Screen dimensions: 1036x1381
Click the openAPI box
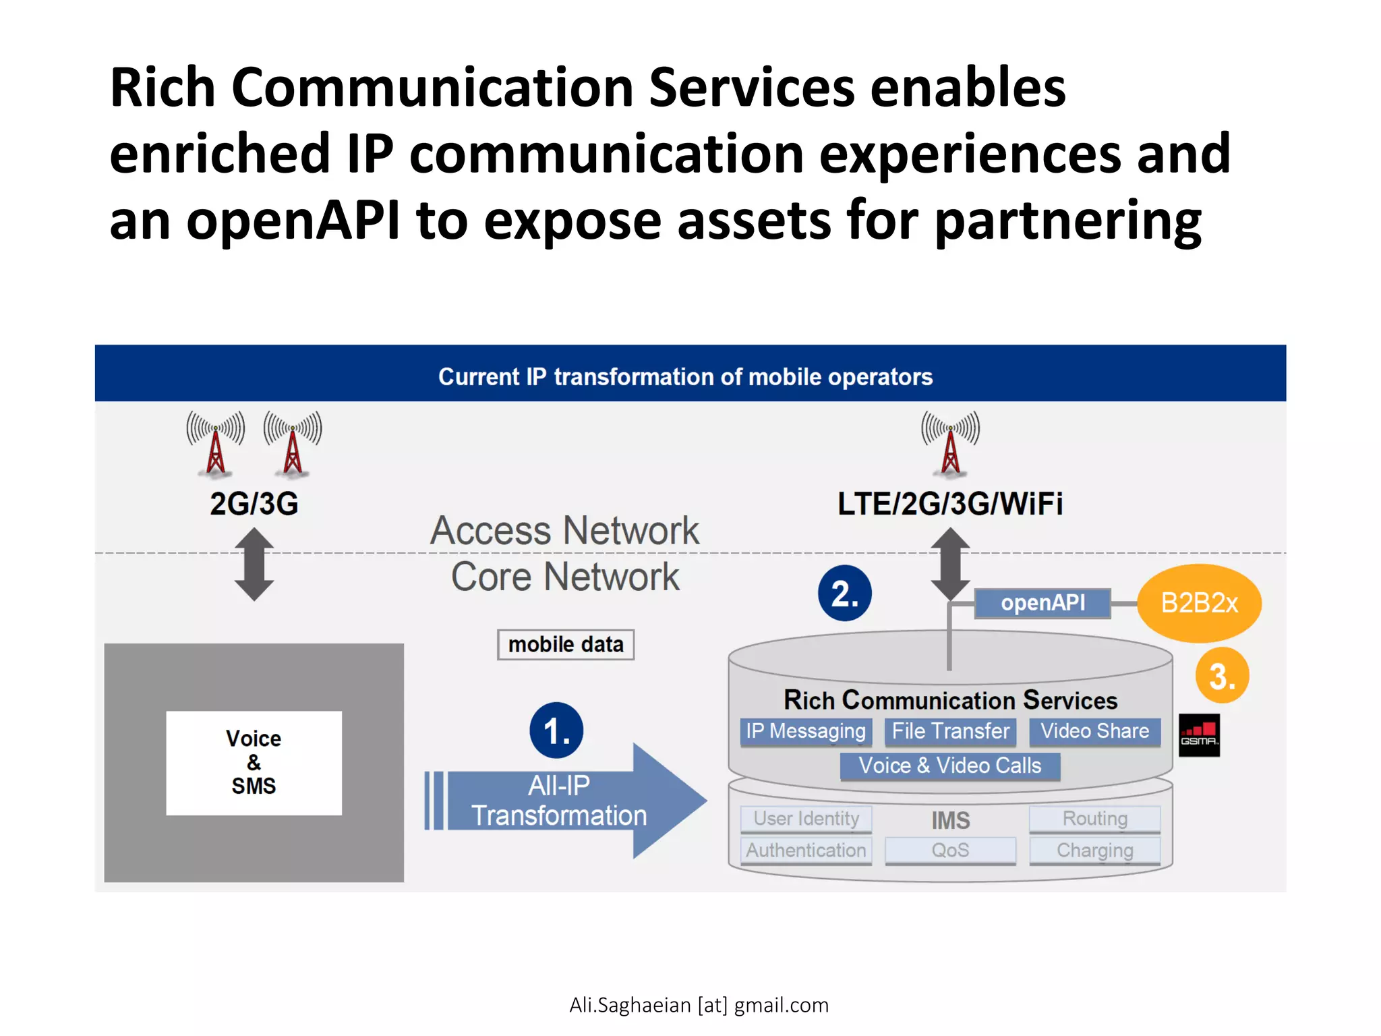click(x=1042, y=603)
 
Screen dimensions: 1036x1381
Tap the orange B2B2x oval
click(x=1199, y=603)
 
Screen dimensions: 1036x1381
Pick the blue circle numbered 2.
click(x=844, y=594)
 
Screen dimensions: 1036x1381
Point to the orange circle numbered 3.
click(x=1222, y=676)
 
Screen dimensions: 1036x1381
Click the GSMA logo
click(x=1199, y=735)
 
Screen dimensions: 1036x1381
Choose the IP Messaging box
click(x=806, y=731)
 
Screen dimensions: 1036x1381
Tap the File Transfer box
click(x=950, y=731)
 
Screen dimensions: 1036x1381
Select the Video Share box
click(x=1094, y=731)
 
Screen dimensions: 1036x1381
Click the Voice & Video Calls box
click(x=949, y=766)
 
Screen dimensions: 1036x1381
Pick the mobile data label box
click(x=566, y=645)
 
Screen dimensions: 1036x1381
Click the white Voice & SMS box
click(x=254, y=763)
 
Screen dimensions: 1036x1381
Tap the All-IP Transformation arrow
click(x=560, y=801)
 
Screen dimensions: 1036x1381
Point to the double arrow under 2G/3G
click(x=254, y=565)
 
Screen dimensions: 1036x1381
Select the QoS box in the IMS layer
click(x=950, y=851)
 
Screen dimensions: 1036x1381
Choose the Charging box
click(x=1094, y=851)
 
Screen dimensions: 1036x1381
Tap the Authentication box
click(x=806, y=851)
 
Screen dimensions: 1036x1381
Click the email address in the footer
click(x=699, y=1005)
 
